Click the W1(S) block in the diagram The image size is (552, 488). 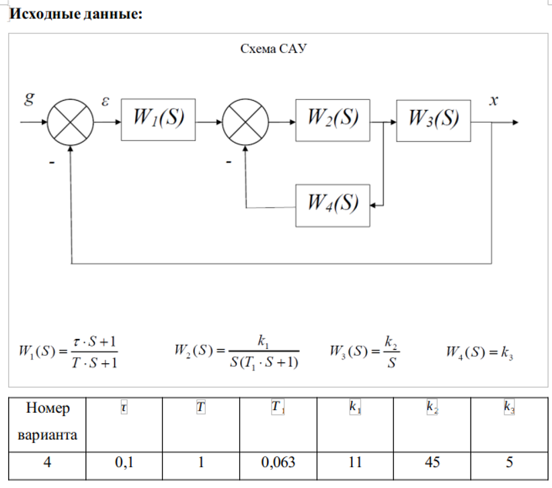158,119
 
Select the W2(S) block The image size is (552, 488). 333,119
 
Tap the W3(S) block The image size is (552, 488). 434,119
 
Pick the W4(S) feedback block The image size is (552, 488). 333,204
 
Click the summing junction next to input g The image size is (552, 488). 71,122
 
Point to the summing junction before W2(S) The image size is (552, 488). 245,122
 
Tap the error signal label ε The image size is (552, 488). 105,101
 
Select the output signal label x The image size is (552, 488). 494,101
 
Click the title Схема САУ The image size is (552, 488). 274,49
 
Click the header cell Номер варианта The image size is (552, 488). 47,421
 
